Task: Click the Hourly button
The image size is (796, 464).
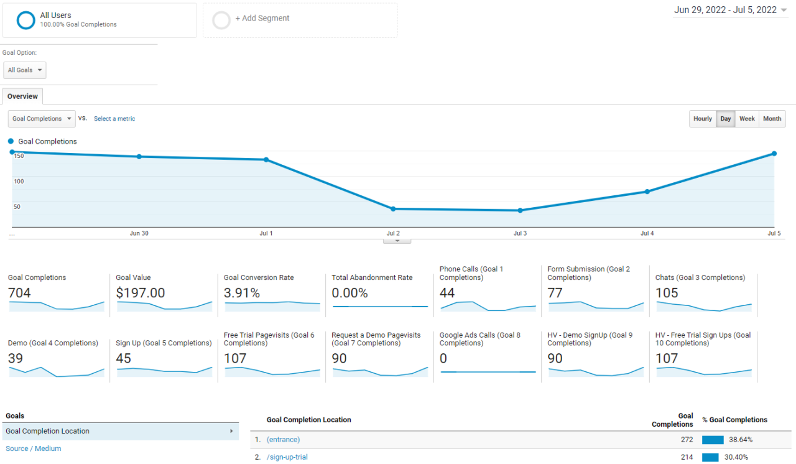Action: coord(702,119)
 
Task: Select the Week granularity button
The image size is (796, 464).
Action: coord(747,119)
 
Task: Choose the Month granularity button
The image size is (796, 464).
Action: coord(772,119)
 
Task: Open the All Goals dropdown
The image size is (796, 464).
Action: coord(25,70)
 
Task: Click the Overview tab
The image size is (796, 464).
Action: coord(22,96)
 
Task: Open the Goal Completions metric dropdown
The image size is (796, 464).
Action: coord(42,119)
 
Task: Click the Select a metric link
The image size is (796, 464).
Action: coord(114,119)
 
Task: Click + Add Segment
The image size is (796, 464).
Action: coord(262,19)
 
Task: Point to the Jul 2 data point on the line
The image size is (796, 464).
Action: coord(393,209)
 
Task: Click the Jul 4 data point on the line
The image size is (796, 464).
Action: coord(647,192)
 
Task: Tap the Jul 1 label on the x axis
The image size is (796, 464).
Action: coord(266,233)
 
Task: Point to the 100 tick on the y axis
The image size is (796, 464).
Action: coord(19,181)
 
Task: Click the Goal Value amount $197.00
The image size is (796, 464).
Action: coord(141,293)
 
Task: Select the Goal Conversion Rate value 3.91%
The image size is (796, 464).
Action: coord(242,293)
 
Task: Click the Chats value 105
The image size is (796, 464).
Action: coord(667,293)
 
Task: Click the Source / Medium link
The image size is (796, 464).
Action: coord(34,448)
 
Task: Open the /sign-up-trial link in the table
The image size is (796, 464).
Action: coord(287,457)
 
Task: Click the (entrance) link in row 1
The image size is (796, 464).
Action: coord(283,440)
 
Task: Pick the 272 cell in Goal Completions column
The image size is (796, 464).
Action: coord(683,440)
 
